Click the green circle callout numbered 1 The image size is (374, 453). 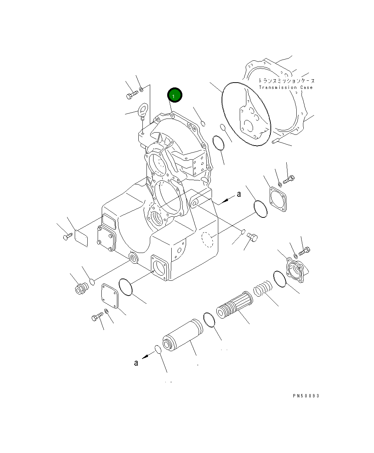(x=174, y=96)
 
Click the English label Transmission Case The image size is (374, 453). (x=286, y=88)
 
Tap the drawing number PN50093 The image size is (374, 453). (x=306, y=396)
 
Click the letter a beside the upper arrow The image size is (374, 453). (x=239, y=194)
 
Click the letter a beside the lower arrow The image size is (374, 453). (x=136, y=363)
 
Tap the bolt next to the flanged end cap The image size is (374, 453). (x=304, y=252)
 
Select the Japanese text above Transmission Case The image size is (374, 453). (x=286, y=80)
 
